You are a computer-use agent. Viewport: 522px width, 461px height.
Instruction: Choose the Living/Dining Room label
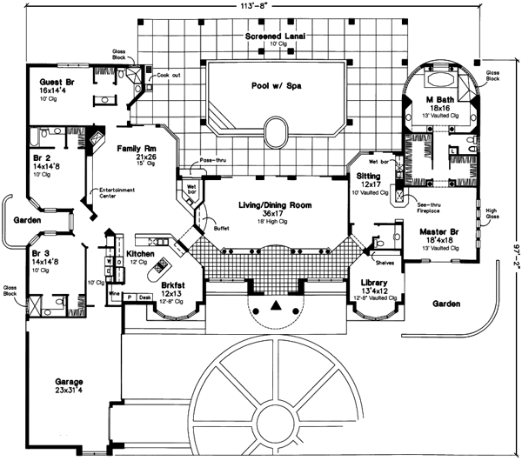coord(274,204)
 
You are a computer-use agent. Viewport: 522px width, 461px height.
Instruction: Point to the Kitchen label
coord(141,254)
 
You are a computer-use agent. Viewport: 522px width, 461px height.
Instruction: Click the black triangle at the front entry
coord(277,306)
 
